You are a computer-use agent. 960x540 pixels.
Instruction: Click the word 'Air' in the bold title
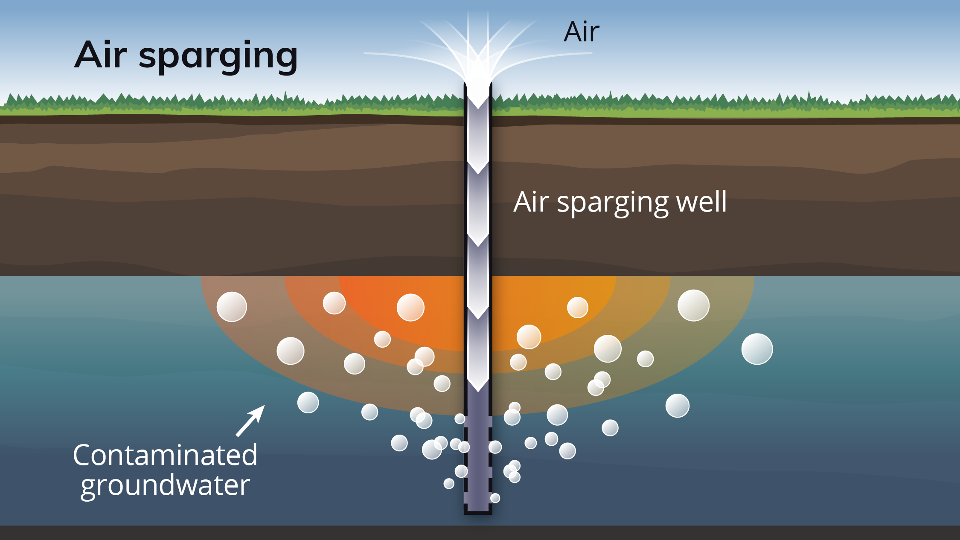point(101,55)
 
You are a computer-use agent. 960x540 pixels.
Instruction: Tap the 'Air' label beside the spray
point(581,32)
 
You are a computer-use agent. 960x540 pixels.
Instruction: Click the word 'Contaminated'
point(165,455)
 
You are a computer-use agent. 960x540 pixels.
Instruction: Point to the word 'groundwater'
point(165,485)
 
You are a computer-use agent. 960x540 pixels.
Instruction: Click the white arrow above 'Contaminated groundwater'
point(251,421)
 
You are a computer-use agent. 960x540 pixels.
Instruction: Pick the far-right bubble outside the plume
point(757,349)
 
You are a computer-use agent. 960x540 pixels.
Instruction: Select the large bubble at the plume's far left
point(232,307)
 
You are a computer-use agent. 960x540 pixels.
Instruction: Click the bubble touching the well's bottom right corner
point(495,498)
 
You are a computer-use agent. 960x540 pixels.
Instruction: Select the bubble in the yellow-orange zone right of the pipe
point(577,308)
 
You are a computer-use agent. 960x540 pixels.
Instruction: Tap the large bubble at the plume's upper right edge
point(693,305)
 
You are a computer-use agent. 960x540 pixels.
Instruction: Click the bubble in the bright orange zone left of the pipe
point(410,308)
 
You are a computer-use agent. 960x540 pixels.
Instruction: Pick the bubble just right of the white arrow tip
point(308,403)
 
